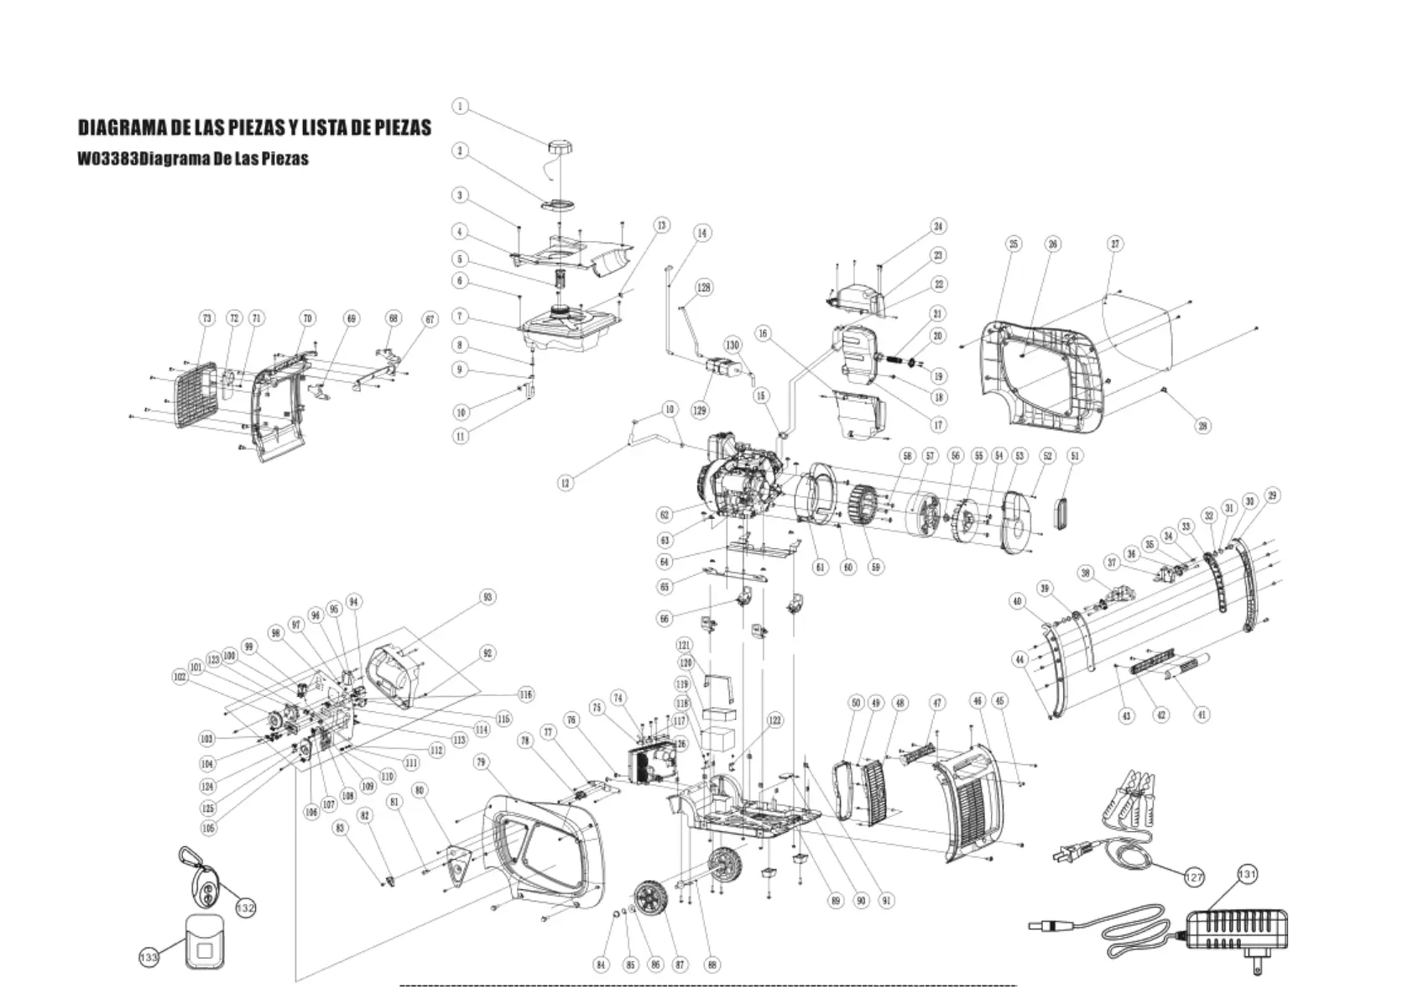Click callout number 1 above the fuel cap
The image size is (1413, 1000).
460,107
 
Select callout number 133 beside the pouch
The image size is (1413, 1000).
149,957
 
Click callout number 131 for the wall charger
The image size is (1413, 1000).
1247,874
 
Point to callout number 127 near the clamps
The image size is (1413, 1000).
1193,877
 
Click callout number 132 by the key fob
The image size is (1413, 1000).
245,908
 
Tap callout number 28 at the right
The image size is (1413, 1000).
1203,426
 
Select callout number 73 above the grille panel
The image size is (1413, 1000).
206,318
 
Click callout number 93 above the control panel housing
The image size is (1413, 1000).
487,597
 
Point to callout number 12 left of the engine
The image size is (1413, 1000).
566,483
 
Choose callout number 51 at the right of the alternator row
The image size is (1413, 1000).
1075,456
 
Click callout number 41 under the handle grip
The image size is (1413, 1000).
1202,715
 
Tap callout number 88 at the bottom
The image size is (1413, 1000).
712,965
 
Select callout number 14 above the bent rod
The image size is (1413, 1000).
701,233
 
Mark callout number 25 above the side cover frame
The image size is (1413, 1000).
1014,243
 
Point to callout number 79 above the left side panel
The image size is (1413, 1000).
481,762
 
